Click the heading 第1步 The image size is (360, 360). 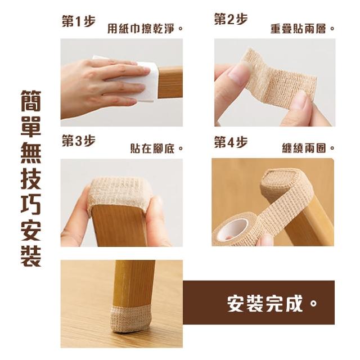[x=79, y=22]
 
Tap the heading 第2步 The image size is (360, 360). [x=231, y=19]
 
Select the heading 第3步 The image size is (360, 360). [x=79, y=141]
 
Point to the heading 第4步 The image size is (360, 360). [x=231, y=142]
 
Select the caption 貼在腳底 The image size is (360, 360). [x=153, y=148]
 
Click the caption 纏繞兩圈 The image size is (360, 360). [x=304, y=148]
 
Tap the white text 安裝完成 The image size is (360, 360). [x=265, y=304]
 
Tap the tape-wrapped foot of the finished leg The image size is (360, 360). [x=131, y=318]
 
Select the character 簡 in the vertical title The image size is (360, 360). [x=31, y=101]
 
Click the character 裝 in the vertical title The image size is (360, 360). [x=31, y=256]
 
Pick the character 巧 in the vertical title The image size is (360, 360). [x=31, y=204]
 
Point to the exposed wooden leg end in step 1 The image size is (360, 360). [x=170, y=82]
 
